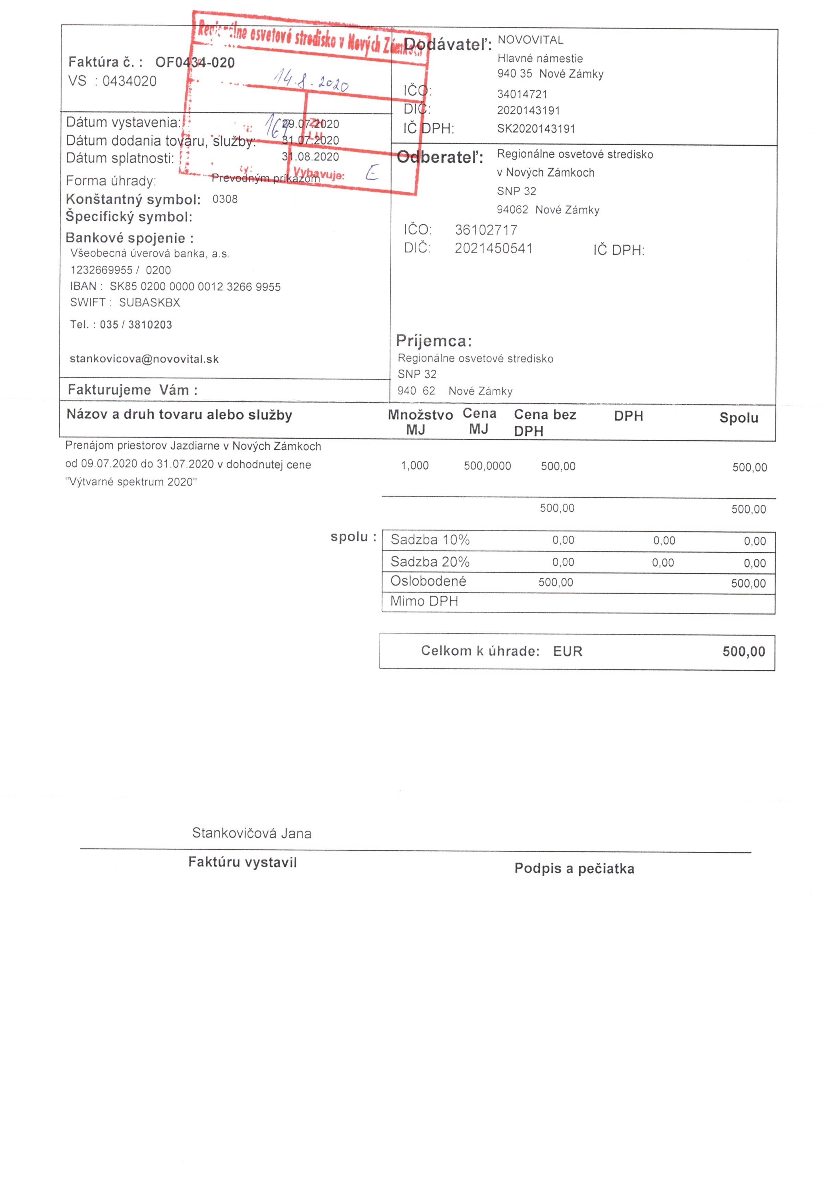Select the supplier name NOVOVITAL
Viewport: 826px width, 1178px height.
click(x=530, y=40)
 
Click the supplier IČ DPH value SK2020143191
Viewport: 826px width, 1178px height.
click(x=536, y=129)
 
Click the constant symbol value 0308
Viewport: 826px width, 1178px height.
click(x=225, y=199)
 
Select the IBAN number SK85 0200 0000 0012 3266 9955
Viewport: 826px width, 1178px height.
click(x=195, y=287)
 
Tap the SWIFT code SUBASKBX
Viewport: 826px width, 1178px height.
click(x=149, y=303)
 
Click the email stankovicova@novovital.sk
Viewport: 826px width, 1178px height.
click(x=144, y=359)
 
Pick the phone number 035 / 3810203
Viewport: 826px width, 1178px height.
click(x=136, y=325)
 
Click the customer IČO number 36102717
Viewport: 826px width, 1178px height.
click(x=486, y=230)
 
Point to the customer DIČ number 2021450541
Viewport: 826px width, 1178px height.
click(x=493, y=249)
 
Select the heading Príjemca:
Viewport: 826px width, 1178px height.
click(x=433, y=341)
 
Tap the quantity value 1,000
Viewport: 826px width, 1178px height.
click(x=414, y=465)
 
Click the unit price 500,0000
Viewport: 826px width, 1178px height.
click(x=487, y=466)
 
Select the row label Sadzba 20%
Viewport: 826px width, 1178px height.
click(x=430, y=562)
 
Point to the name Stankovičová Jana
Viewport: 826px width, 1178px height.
click(x=252, y=833)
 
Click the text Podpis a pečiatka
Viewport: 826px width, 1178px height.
click(x=574, y=869)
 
